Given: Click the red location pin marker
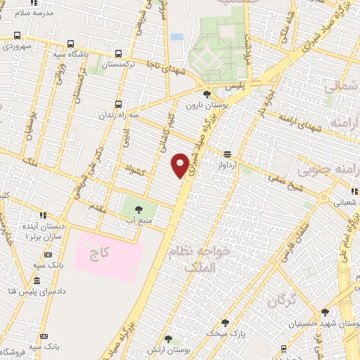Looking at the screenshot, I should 180,165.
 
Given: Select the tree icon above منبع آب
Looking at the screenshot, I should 137,209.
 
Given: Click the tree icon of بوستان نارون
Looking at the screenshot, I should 207,94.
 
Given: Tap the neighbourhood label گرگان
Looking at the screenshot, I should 281,301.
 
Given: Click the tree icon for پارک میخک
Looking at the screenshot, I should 225,323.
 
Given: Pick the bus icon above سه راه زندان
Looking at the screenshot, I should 118,103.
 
